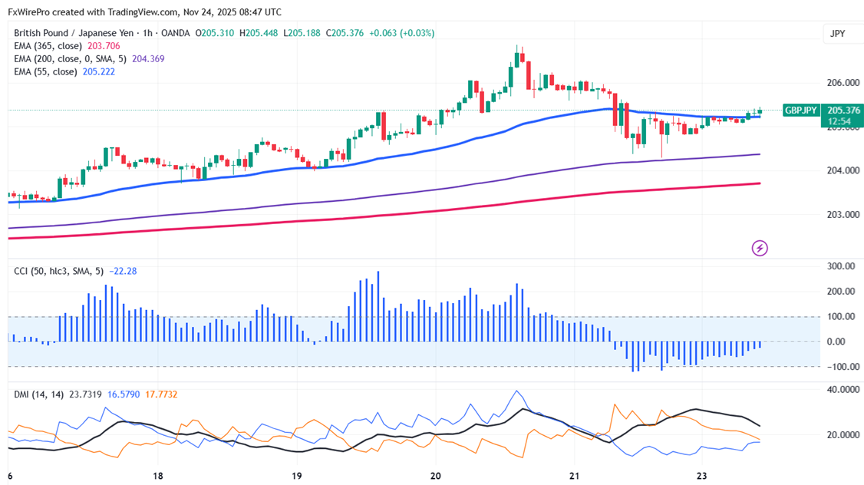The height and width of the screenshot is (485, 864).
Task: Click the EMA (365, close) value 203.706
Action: (104, 46)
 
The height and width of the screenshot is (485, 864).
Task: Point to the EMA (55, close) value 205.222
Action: (98, 71)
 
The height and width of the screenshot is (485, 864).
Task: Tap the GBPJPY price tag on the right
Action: (801, 111)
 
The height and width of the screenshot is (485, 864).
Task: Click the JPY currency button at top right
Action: (837, 34)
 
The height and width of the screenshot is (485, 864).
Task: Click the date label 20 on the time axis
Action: (434, 476)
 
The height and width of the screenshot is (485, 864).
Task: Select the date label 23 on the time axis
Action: (701, 476)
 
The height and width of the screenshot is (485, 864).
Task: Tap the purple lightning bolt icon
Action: (760, 248)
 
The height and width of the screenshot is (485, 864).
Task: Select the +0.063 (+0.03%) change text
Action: (401, 33)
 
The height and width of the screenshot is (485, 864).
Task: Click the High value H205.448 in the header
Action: (260, 33)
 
